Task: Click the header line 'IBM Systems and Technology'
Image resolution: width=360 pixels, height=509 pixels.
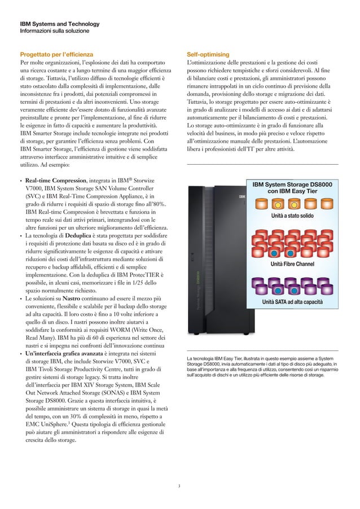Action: click(x=60, y=24)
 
